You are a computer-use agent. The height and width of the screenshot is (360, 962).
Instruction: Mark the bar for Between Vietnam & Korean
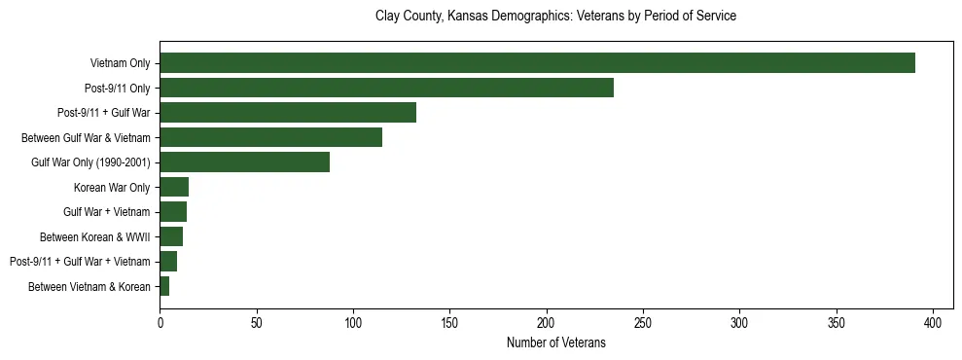click(x=164, y=286)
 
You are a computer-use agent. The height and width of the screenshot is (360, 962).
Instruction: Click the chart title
click(x=555, y=17)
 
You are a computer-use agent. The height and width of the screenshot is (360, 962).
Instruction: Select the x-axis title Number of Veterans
click(x=555, y=342)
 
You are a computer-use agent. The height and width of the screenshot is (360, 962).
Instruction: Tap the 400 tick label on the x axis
click(x=933, y=321)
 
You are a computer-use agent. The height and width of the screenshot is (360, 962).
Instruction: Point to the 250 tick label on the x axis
click(x=643, y=321)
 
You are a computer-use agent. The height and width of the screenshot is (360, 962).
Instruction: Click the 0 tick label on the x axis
click(x=160, y=321)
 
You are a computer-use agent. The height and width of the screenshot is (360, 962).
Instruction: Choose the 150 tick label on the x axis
click(x=449, y=321)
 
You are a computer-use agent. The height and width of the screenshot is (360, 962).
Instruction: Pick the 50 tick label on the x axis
click(x=256, y=321)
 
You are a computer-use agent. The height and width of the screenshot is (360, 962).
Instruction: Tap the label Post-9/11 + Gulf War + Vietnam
click(x=80, y=262)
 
